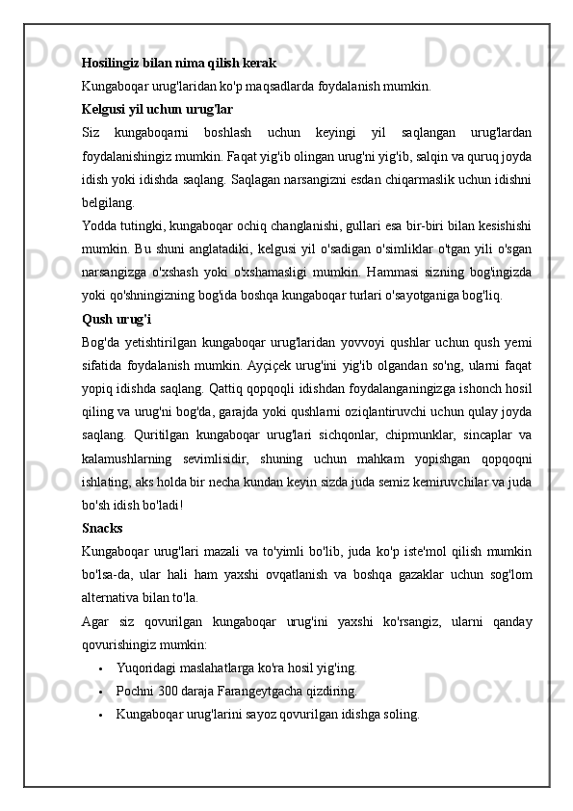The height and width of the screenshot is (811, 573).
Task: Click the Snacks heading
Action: point(102,528)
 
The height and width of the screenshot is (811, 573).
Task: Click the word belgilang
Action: point(108,203)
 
